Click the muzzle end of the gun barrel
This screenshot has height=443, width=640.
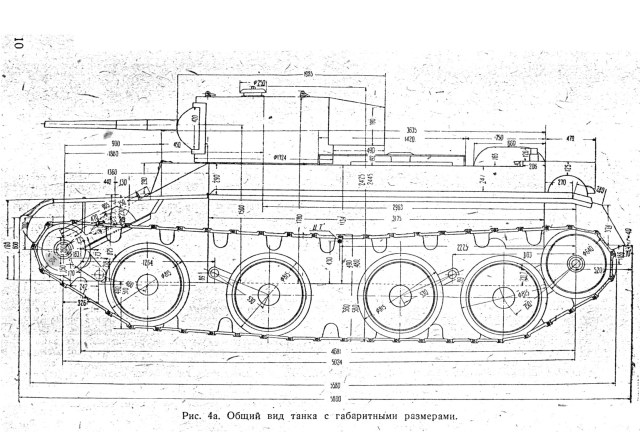click(x=45, y=128)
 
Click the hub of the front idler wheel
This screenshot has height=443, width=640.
click(x=67, y=250)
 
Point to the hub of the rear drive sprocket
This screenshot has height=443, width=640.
click(x=576, y=263)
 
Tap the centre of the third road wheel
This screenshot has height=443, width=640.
click(x=400, y=293)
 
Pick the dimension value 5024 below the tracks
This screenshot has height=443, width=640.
click(x=333, y=367)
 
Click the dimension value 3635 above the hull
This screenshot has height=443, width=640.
click(x=383, y=131)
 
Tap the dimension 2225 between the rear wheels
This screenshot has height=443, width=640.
click(x=460, y=246)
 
